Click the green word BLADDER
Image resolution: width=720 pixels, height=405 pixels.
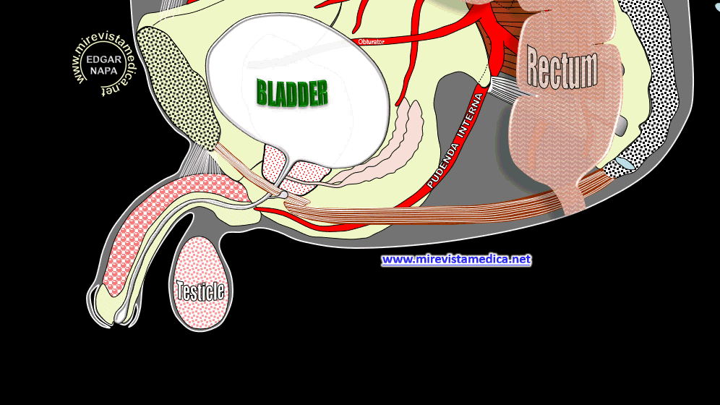click(292, 93)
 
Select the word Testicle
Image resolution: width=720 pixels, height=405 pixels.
click(201, 291)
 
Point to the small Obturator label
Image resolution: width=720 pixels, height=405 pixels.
click(371, 42)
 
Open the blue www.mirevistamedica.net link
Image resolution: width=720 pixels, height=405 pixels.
click(456, 259)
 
